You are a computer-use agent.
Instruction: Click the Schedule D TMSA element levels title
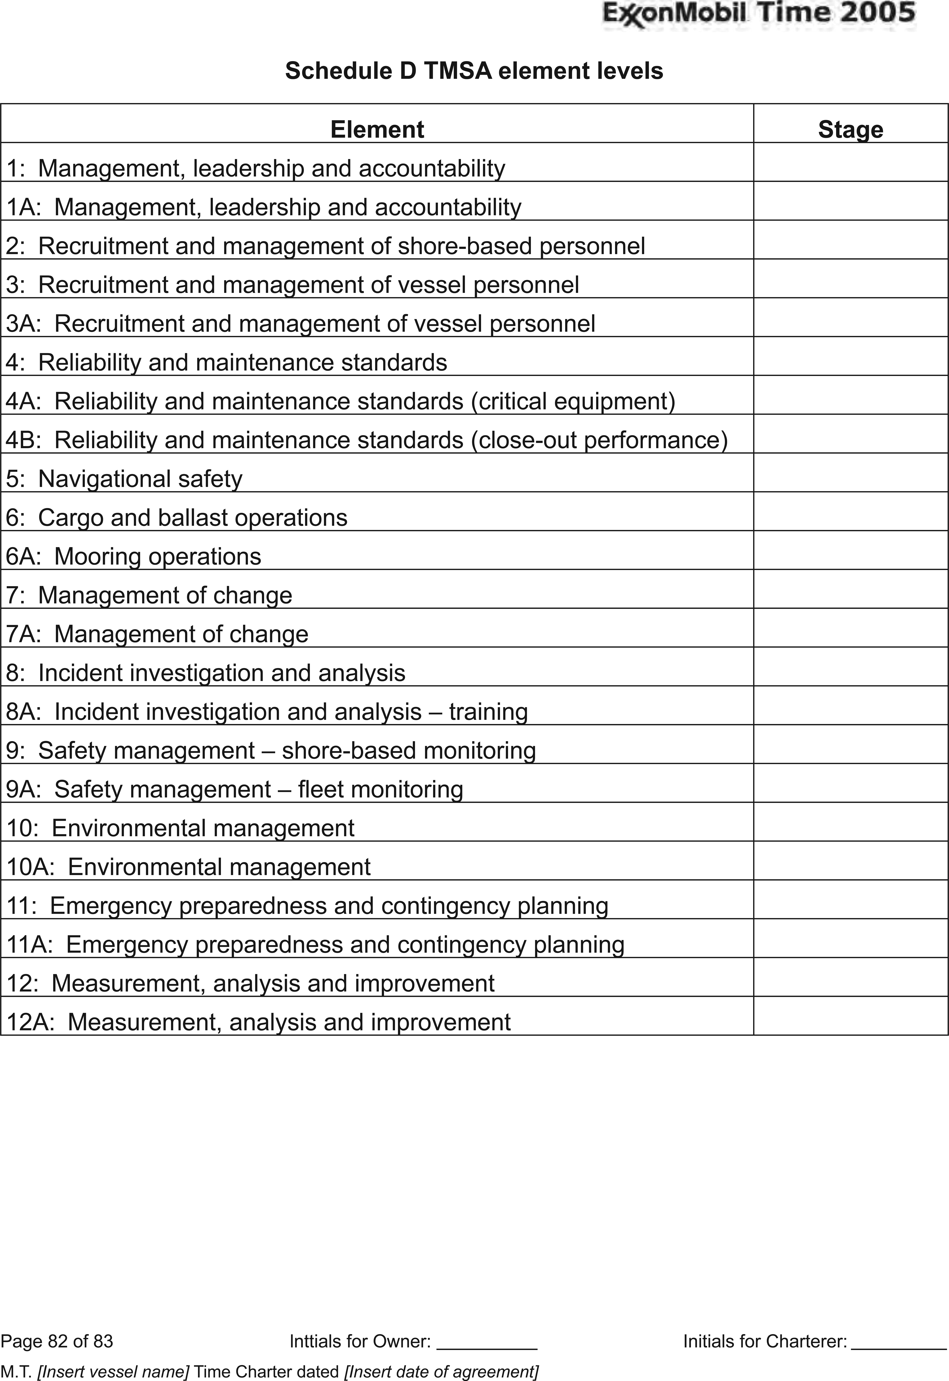[x=474, y=71]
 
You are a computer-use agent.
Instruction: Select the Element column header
[x=377, y=129]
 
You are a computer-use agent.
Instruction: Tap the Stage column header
[x=850, y=129]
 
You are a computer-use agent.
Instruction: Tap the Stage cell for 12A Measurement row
[x=850, y=1016]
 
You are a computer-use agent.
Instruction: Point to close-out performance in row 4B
[x=599, y=440]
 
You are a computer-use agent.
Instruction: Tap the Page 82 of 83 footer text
[x=57, y=1341]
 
